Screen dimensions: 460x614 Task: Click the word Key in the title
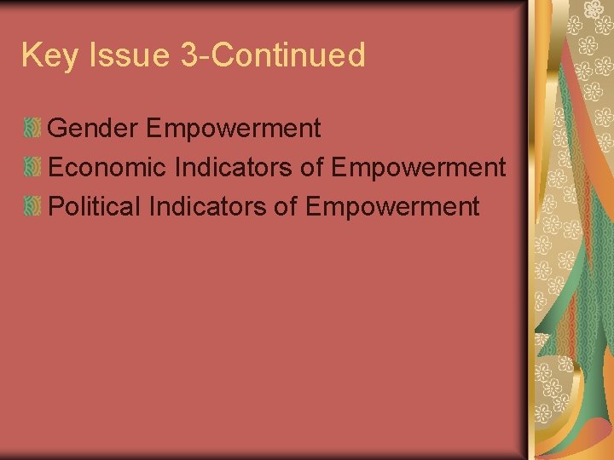(x=49, y=56)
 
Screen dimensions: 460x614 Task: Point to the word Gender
(x=94, y=129)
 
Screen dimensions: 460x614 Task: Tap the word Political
(x=94, y=206)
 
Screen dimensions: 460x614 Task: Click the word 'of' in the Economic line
(x=311, y=168)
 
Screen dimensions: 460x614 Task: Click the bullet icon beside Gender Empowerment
(x=32, y=129)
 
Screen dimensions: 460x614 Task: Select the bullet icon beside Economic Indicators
(x=32, y=168)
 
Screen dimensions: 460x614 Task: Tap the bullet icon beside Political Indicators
(x=32, y=206)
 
